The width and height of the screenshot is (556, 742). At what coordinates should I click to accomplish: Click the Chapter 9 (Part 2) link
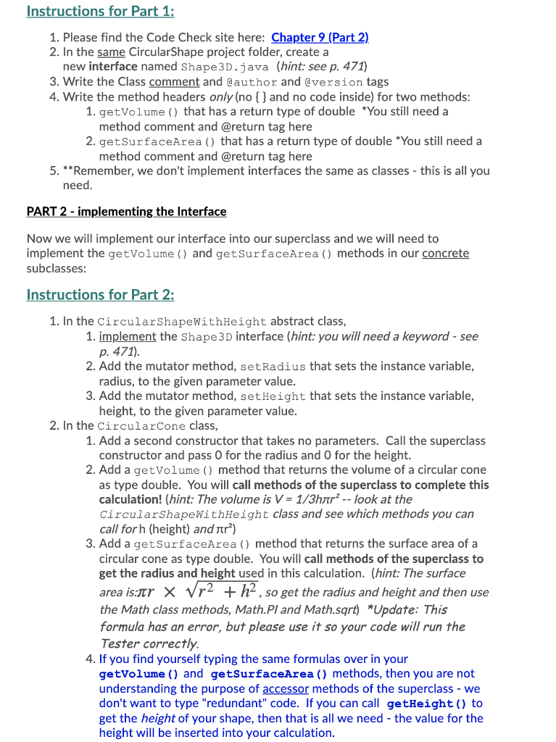(x=320, y=37)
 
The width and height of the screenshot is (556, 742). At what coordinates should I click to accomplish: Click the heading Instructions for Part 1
(x=100, y=11)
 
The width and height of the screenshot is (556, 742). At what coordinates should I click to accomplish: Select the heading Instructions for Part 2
(x=100, y=294)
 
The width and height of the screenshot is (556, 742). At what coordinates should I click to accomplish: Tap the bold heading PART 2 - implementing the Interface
(x=126, y=212)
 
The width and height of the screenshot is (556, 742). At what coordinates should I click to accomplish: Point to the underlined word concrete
(x=445, y=254)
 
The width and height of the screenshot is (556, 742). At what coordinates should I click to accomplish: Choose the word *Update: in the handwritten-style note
(x=394, y=609)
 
